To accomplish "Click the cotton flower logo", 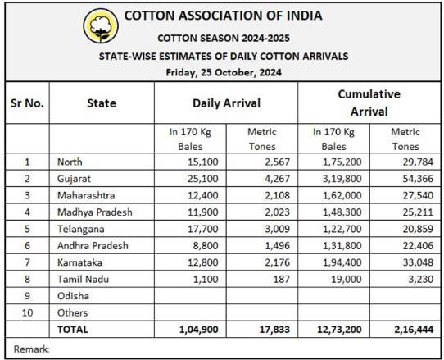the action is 101,25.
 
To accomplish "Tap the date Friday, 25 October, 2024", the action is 224,72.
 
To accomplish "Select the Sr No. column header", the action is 27,103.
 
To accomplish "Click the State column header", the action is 102,103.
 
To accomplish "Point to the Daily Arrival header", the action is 226,103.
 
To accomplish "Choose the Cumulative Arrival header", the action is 369,103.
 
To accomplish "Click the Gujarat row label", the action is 74,179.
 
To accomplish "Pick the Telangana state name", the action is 81,229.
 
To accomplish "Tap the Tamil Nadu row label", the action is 83,279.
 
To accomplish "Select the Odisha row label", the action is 73,296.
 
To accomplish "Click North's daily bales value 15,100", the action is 202,162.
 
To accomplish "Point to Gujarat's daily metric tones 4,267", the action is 277,179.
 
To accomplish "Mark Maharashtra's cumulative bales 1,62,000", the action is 342,195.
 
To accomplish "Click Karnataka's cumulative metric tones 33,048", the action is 418,262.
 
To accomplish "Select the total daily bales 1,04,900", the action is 199,330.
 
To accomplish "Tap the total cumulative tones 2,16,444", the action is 414,330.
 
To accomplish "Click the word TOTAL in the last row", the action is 72,330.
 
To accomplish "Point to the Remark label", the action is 31,349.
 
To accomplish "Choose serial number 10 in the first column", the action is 27,312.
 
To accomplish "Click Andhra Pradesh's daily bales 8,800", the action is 206,245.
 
